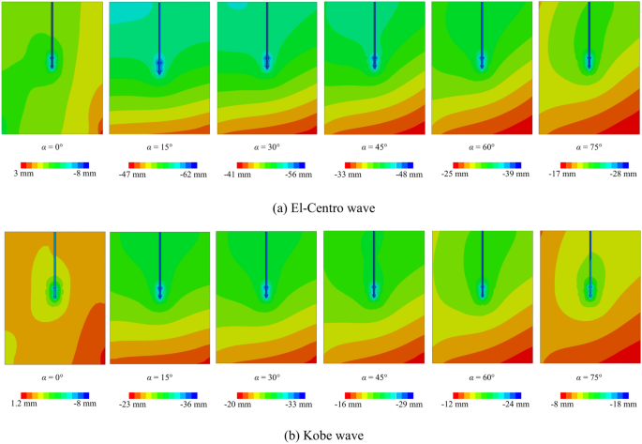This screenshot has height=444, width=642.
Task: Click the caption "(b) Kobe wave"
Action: click(x=321, y=435)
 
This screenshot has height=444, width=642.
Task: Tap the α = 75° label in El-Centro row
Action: click(x=590, y=146)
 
